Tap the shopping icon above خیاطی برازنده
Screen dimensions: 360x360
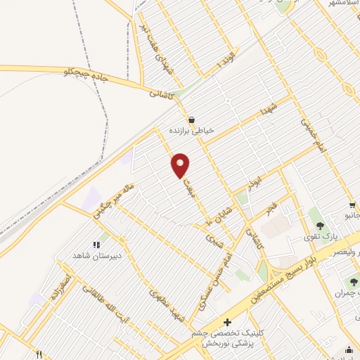point(192,119)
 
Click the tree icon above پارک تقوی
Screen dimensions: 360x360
point(321,226)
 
